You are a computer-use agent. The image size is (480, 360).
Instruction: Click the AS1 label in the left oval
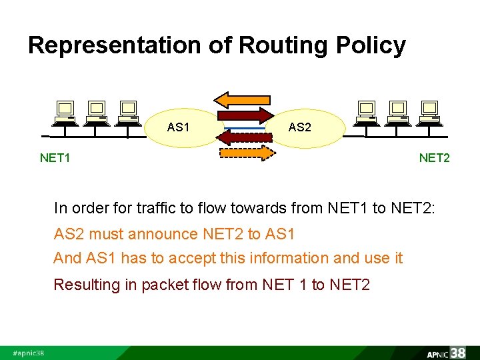[x=178, y=127]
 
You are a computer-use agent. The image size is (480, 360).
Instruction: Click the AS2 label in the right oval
[x=299, y=127]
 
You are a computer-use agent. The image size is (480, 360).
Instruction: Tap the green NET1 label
[x=55, y=158]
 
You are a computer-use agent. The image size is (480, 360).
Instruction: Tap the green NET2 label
[x=434, y=158]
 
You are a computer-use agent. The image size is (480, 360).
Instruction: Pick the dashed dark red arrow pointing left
[x=245, y=137]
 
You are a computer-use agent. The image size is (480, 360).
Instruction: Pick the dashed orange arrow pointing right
[x=247, y=153]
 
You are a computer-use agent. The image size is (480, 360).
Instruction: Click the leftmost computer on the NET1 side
[x=65, y=112]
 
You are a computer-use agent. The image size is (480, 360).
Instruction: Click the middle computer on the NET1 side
[x=97, y=112]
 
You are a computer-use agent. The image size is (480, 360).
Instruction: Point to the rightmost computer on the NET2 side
[x=430, y=112]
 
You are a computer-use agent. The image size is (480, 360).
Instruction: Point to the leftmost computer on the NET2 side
[x=366, y=112]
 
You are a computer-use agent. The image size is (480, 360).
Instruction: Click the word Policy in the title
[x=371, y=45]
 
